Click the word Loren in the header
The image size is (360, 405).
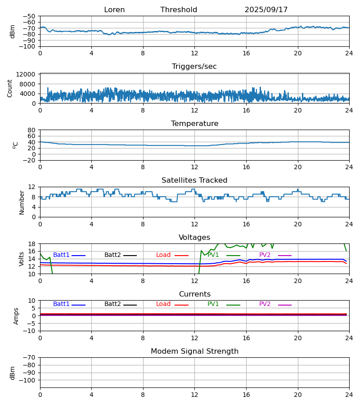114,10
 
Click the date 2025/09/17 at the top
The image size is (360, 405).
266,10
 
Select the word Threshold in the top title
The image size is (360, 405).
179,10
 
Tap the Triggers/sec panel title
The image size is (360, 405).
194,67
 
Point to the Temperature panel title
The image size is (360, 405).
194,124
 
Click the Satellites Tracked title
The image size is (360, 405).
194,180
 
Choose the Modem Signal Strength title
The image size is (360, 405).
194,351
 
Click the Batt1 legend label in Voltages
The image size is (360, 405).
62,255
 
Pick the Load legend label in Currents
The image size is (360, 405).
163,304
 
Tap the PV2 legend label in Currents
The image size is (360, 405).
265,304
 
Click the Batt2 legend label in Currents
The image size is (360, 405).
112,304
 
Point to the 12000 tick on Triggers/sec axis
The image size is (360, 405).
28,74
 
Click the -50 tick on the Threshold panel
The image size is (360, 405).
31,16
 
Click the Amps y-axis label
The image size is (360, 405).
16,316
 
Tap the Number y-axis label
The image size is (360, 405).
22,202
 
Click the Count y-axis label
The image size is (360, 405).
10,88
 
